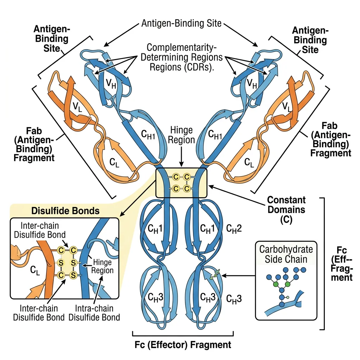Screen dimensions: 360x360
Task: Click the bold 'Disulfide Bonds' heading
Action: tap(65, 211)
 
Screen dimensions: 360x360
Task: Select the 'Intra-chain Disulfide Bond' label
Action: tap(94, 313)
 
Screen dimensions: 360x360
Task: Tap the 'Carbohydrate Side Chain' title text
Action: tap(286, 255)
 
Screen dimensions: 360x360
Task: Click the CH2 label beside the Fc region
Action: tap(234, 229)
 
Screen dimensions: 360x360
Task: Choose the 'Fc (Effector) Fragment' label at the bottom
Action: tap(183, 344)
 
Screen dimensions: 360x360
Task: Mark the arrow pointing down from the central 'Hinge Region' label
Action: tap(181, 157)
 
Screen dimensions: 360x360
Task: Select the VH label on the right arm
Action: tap(251, 83)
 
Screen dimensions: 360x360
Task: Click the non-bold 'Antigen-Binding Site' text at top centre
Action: tap(181, 24)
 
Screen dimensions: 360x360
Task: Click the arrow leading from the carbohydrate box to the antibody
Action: tap(239, 276)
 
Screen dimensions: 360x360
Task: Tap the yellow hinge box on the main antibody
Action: tap(181, 183)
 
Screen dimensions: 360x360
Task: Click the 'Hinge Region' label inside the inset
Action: tap(103, 266)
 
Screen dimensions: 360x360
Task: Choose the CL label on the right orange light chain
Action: tap(249, 162)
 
